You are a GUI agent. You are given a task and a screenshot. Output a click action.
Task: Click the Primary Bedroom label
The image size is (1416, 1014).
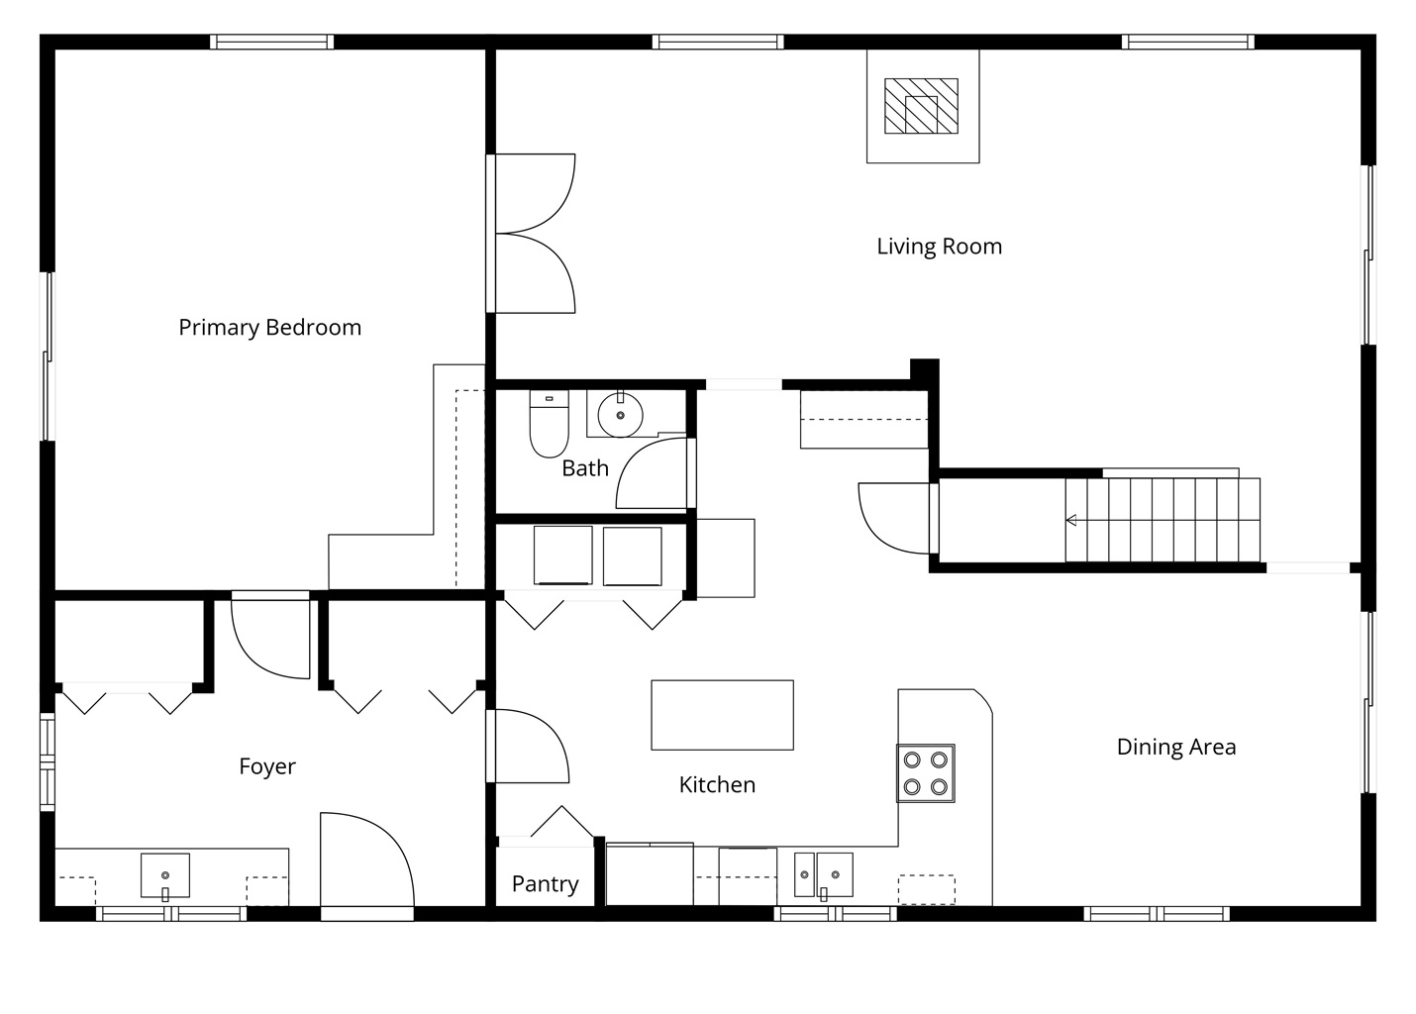click(270, 328)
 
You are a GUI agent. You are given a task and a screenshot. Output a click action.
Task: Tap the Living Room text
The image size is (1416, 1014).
click(940, 246)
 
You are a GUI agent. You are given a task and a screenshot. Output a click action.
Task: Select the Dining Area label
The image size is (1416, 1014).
click(1176, 747)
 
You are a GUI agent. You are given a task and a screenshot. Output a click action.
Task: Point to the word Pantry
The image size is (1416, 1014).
click(545, 883)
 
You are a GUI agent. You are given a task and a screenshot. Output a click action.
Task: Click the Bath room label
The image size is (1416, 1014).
click(585, 468)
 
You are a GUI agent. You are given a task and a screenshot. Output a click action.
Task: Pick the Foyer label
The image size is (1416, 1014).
click(267, 766)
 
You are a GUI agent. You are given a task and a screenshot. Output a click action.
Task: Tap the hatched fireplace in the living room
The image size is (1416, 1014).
click(921, 106)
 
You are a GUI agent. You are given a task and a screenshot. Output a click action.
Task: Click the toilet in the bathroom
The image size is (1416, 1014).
click(549, 424)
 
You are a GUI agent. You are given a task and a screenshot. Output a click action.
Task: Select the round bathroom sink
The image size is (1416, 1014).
click(620, 415)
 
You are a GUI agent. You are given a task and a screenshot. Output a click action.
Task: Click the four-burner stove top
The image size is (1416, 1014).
click(926, 773)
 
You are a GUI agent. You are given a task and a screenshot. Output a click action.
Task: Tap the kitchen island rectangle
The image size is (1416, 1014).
click(723, 715)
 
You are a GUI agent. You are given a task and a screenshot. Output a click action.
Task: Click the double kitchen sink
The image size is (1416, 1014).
click(824, 875)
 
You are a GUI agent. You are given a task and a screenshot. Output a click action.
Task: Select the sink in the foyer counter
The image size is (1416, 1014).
click(165, 875)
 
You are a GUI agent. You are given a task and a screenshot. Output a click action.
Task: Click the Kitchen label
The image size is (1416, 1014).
click(718, 785)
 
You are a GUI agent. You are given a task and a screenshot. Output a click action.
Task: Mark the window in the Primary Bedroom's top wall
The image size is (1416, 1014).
click(272, 43)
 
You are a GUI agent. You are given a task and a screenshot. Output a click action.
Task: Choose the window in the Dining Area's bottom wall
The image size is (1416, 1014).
click(1157, 913)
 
